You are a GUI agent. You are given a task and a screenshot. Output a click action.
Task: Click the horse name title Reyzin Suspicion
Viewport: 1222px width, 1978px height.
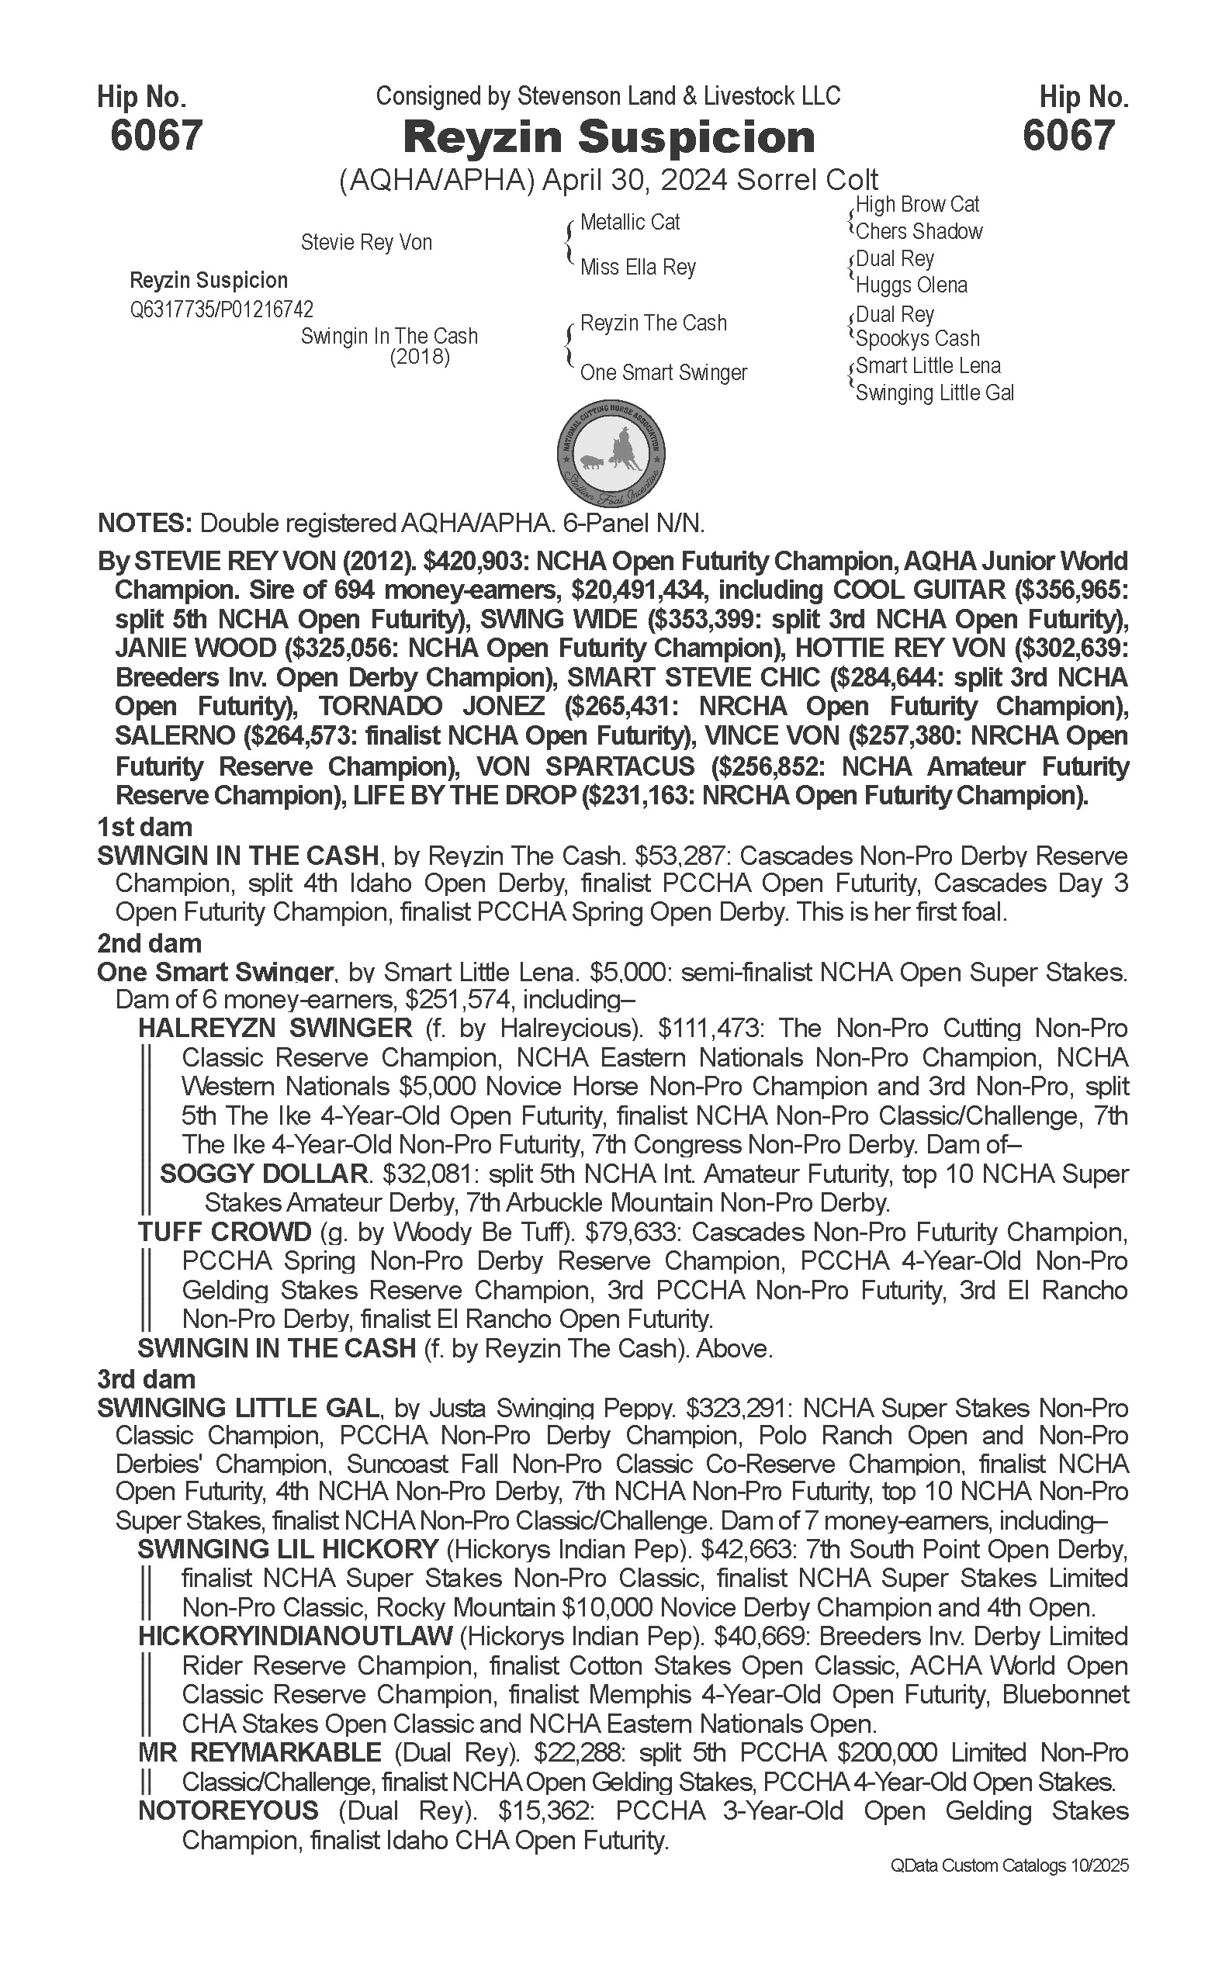608,137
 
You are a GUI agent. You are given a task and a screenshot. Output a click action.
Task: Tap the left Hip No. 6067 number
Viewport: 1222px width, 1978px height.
156,135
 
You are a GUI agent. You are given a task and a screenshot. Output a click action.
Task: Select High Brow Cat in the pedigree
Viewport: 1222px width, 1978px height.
917,205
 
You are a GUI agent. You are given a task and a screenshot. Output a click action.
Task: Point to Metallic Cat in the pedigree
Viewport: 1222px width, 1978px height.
629,222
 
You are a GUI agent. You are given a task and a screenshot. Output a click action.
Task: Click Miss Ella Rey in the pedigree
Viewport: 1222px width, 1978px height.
638,268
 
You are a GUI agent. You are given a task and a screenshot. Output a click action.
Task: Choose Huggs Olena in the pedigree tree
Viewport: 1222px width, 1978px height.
911,285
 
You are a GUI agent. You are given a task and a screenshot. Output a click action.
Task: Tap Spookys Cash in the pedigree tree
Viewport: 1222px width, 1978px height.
917,338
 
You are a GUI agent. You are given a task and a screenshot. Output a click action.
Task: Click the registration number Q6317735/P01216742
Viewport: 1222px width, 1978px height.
221,309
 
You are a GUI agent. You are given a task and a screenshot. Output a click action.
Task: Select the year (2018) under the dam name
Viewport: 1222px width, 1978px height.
420,357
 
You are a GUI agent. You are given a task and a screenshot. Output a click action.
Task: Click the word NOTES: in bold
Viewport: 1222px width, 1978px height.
144,524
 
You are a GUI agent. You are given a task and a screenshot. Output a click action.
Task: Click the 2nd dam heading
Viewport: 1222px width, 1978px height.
149,943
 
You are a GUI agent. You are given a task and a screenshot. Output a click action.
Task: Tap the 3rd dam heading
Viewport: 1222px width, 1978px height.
147,1378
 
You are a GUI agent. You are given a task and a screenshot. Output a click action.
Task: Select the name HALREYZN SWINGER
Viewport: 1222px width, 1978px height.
275,1029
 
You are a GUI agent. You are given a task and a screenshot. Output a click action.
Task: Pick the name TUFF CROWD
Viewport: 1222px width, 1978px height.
224,1233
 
